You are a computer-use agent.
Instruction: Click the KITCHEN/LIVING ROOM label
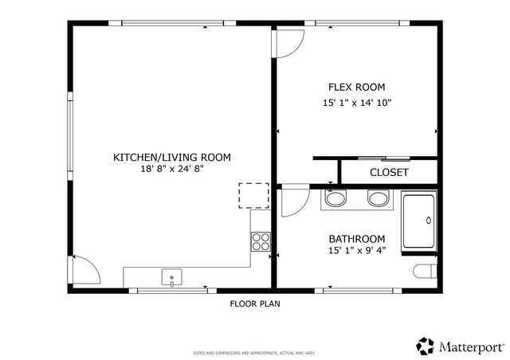pyautogui.click(x=171, y=158)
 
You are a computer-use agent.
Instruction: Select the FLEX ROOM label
pyautogui.click(x=357, y=87)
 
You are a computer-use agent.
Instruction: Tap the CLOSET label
pyautogui.click(x=389, y=172)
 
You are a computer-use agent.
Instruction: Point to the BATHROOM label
pyautogui.click(x=357, y=239)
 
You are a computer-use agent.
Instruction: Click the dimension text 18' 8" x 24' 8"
pyautogui.click(x=171, y=170)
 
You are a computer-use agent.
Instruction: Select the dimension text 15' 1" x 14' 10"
pyautogui.click(x=357, y=102)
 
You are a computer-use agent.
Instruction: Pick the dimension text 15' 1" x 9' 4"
pyautogui.click(x=357, y=251)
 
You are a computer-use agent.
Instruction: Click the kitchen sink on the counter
pyautogui.click(x=172, y=278)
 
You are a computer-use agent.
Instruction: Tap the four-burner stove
pyautogui.click(x=260, y=240)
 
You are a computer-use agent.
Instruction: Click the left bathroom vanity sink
pyautogui.click(x=336, y=198)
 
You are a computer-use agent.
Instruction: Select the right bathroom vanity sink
pyautogui.click(x=377, y=198)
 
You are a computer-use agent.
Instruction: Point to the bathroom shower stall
pyautogui.click(x=418, y=221)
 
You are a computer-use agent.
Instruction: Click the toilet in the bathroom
pyautogui.click(x=426, y=272)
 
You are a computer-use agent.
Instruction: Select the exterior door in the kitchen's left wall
pyautogui.click(x=84, y=269)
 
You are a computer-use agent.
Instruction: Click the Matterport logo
pyautogui.click(x=460, y=346)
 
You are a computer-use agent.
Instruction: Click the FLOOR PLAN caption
pyautogui.click(x=254, y=303)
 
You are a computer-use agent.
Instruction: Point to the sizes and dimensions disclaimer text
pyautogui.click(x=254, y=352)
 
